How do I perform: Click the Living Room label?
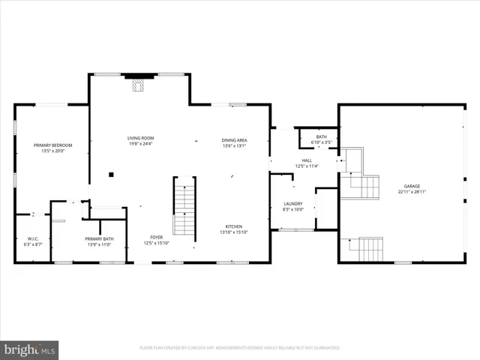[140, 138]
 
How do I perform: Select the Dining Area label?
[235, 140]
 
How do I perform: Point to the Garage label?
[412, 186]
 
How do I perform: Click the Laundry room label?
[292, 204]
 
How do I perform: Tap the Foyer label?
[156, 237]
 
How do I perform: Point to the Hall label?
[307, 160]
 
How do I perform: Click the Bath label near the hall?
[321, 136]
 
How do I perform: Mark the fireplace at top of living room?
[136, 85]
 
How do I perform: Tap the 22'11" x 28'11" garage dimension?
[412, 192]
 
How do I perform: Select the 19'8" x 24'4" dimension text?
[140, 144]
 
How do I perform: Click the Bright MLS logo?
[30, 349]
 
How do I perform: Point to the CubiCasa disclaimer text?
[240, 348]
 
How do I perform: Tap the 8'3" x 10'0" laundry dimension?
[292, 210]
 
